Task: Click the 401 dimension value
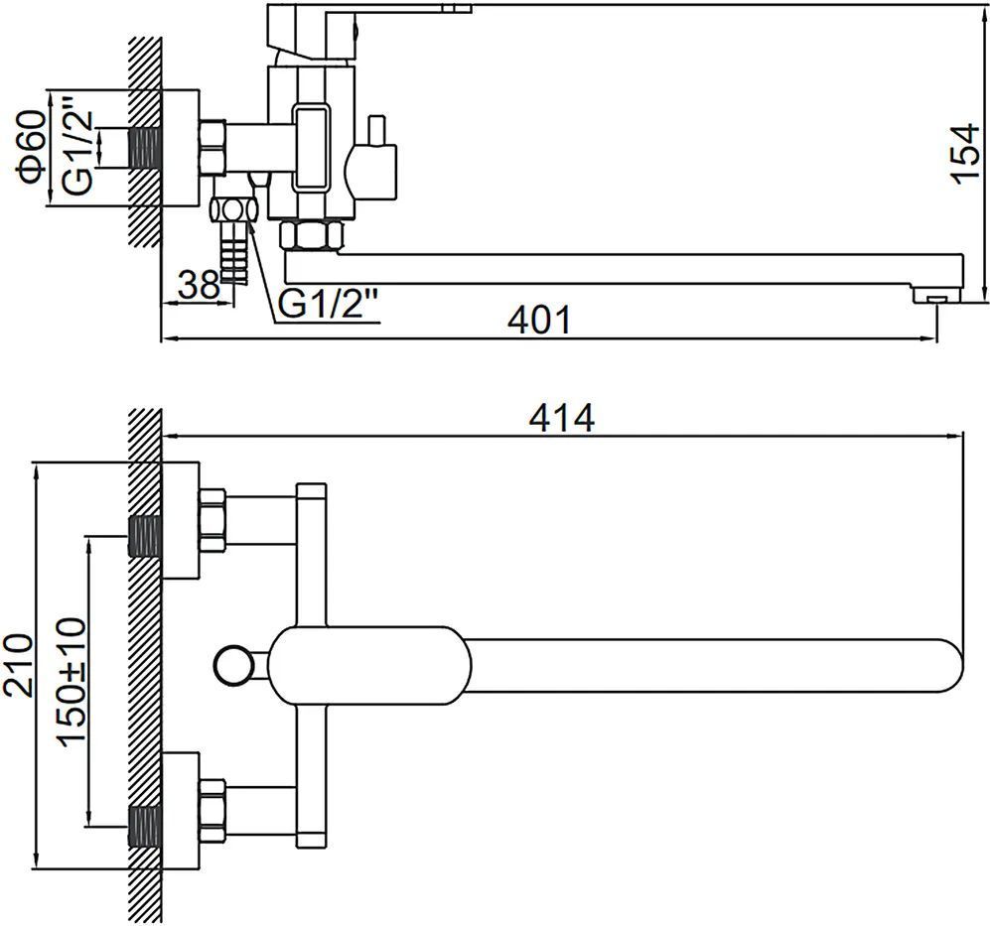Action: [539, 320]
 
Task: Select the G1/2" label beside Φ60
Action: [78, 148]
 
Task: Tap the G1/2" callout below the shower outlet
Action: [328, 305]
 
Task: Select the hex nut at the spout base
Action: [312, 236]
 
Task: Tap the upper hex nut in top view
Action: [214, 515]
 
